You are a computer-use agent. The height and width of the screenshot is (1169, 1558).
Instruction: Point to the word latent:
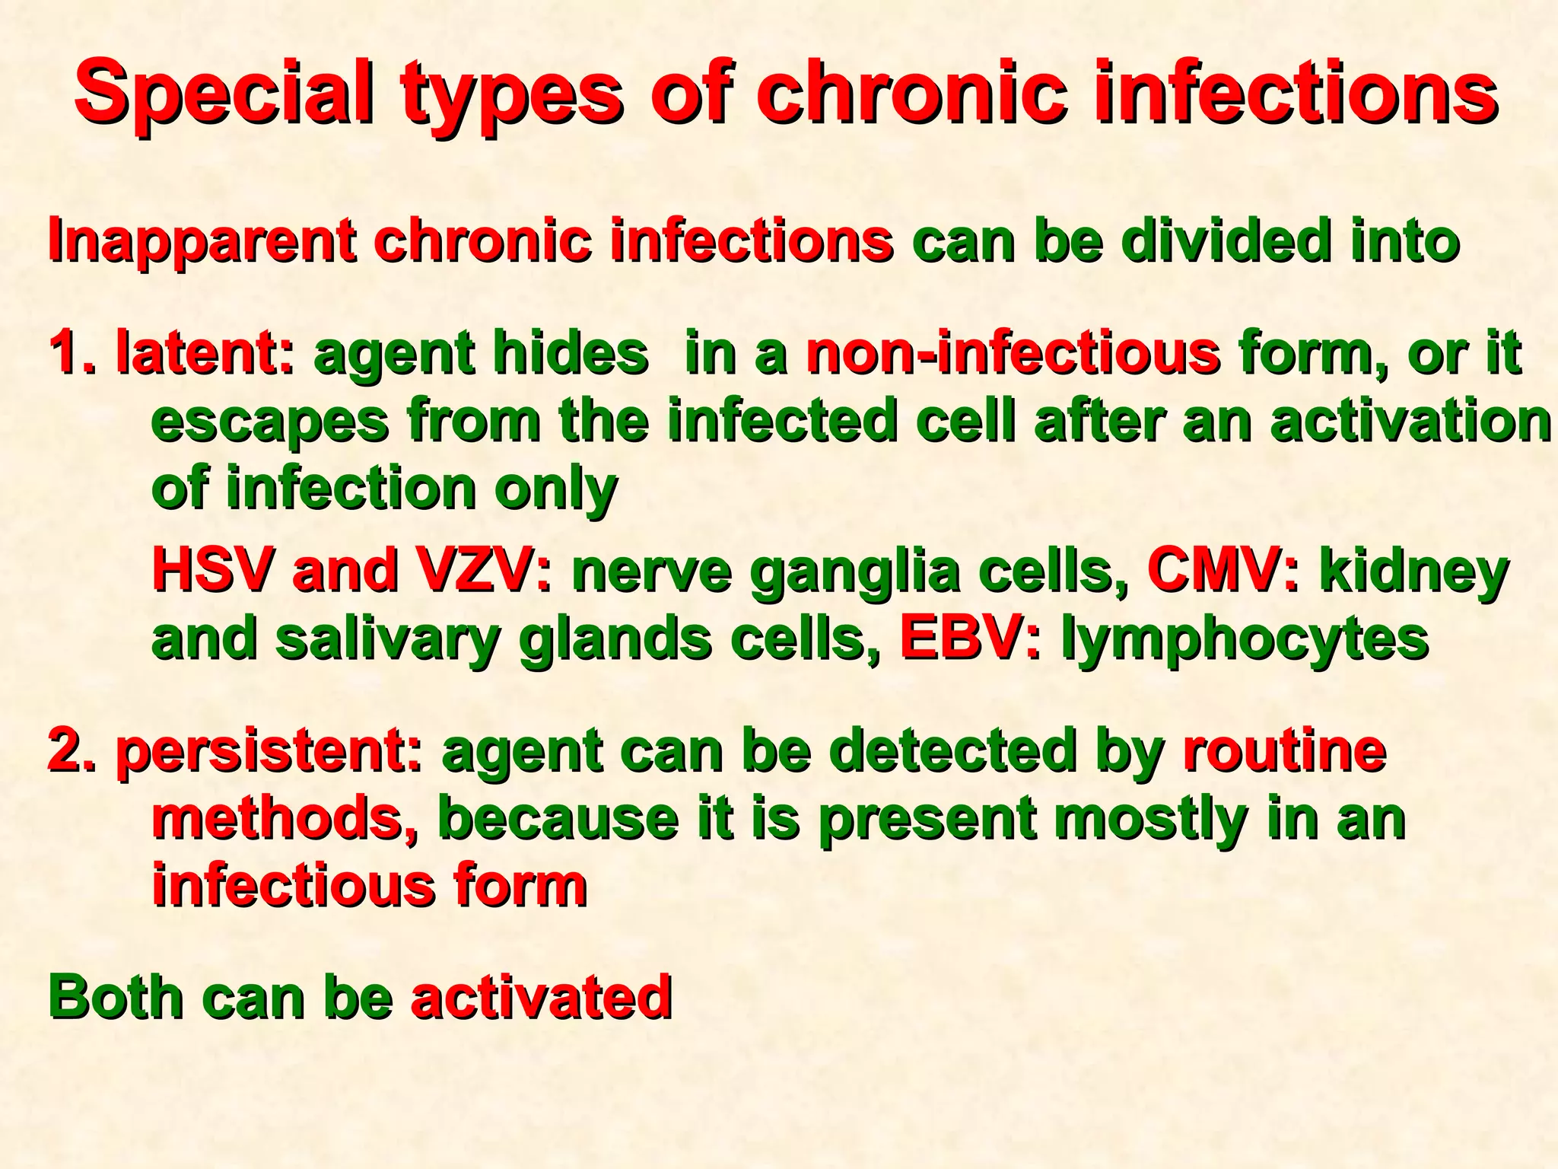(204, 355)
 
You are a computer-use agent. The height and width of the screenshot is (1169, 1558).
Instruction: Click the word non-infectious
(1013, 355)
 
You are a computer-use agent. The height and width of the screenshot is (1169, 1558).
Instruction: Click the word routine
(1285, 750)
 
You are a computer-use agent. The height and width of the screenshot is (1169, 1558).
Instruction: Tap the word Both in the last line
(116, 998)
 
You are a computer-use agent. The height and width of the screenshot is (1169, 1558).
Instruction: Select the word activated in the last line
(541, 998)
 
